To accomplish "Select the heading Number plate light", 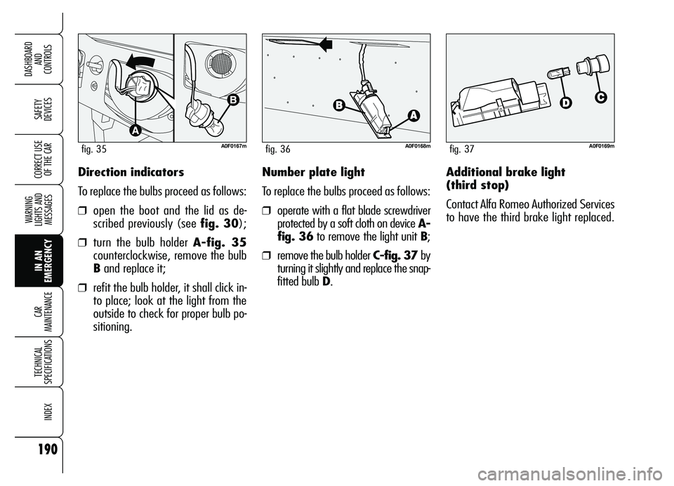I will (x=313, y=172).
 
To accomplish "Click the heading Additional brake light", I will (x=505, y=172).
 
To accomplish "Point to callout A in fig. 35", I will (x=133, y=131).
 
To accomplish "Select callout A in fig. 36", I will (x=411, y=114).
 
